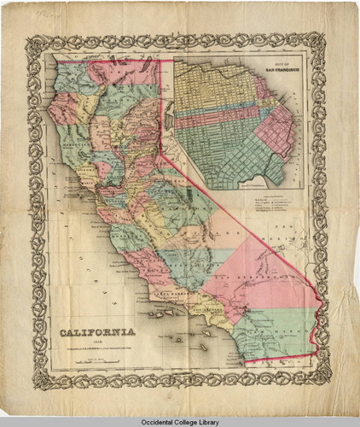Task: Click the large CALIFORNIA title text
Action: [95, 330]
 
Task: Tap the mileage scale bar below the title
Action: [95, 363]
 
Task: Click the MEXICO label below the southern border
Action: [282, 366]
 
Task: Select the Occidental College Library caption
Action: [180, 420]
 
